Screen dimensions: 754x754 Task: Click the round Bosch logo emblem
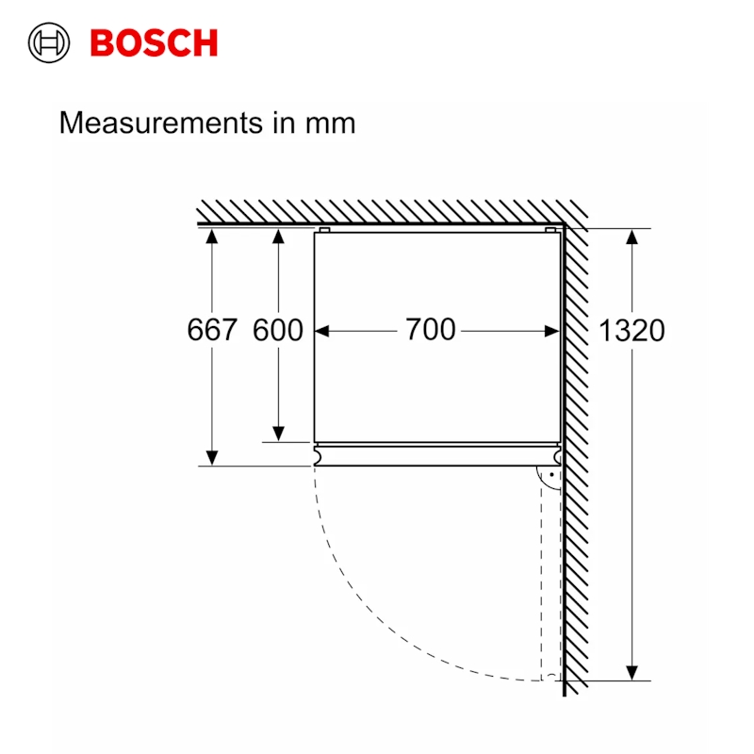coord(49,42)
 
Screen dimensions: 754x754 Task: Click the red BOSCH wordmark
coord(154,43)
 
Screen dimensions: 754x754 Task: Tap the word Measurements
coord(160,123)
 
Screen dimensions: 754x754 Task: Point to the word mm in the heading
coord(331,124)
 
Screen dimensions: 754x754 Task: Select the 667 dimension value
coord(211,330)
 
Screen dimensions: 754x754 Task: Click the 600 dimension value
coord(278,330)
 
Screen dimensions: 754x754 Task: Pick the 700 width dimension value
coord(430,330)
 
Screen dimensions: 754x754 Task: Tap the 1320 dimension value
coord(631,331)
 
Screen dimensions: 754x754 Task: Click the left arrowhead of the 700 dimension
coord(322,331)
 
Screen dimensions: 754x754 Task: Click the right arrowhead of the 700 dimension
coord(552,331)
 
